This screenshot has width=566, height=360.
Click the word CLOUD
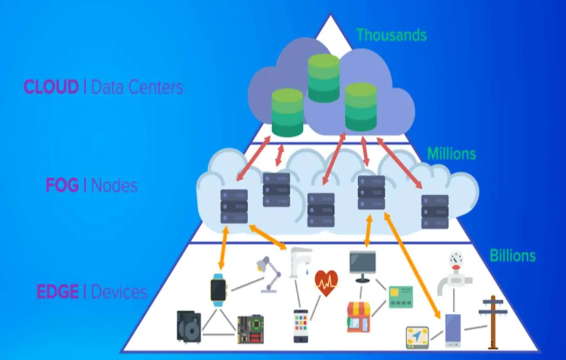pyautogui.click(x=51, y=87)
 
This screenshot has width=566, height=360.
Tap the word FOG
pyautogui.click(x=62, y=185)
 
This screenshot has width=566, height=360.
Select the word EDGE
pyautogui.click(x=58, y=291)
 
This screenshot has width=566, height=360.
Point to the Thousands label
pyautogui.click(x=392, y=35)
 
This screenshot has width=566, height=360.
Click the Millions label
pyautogui.click(x=451, y=154)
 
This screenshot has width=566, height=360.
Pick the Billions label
pyautogui.click(x=513, y=256)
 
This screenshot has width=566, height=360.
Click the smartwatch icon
pyautogui.click(x=219, y=290)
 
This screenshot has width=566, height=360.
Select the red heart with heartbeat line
pyautogui.click(x=326, y=283)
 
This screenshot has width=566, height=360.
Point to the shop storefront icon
pyautogui.click(x=358, y=317)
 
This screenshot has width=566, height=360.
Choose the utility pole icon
pyautogui.click(x=493, y=323)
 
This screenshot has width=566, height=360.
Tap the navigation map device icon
pyautogui.click(x=417, y=338)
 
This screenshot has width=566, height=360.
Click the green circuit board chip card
pyautogui.click(x=401, y=297)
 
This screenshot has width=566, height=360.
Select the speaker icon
pyautogui.click(x=189, y=326)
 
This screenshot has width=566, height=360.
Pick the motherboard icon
pyautogui.click(x=250, y=329)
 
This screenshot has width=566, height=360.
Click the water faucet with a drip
pyautogui.click(x=300, y=262)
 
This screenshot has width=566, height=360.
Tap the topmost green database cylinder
pyautogui.click(x=324, y=77)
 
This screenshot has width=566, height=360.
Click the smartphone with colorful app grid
pyautogui.click(x=301, y=326)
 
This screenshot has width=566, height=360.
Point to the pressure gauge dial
pyautogui.click(x=456, y=259)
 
